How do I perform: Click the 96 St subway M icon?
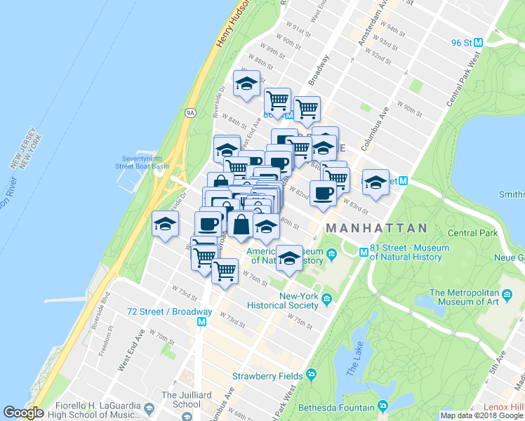pos(479,42)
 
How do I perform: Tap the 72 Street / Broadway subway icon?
pos(202,322)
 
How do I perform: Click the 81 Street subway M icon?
pos(364,252)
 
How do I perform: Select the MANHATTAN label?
pos(376,228)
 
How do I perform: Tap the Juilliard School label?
pos(181,399)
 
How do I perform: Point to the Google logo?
pos(23,413)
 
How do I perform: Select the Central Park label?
pos(472,233)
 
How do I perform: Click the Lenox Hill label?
pos(503,407)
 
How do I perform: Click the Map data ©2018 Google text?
pos(482,415)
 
